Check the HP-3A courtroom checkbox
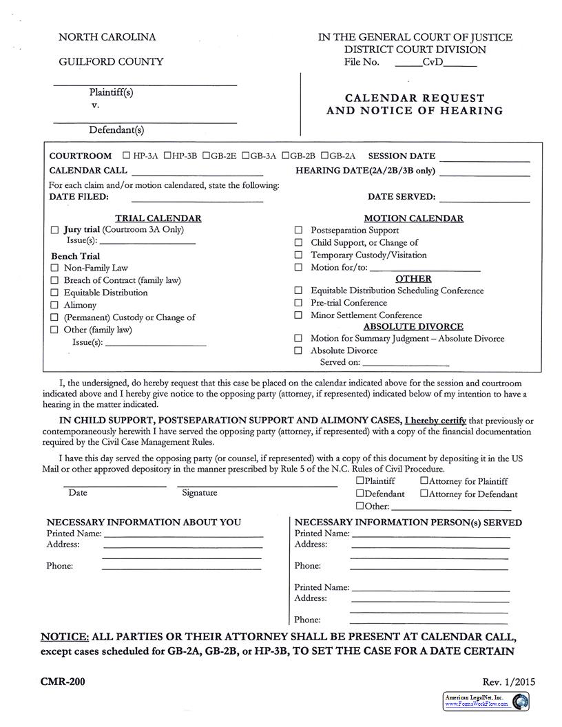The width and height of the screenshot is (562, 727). point(126,156)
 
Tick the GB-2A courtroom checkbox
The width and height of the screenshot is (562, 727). point(324,156)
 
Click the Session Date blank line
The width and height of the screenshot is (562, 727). point(484,160)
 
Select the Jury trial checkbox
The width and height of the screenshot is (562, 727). point(55,230)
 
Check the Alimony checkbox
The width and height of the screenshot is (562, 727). point(55,305)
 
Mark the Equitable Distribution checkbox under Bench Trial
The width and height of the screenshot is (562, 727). point(55,293)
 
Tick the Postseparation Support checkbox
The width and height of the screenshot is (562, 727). point(298,231)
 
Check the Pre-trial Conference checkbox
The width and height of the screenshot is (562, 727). point(298,303)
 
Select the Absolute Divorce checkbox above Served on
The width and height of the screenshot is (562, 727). point(298,350)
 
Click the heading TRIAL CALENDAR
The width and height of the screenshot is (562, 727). point(158,218)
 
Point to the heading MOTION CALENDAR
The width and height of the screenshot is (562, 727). point(413,218)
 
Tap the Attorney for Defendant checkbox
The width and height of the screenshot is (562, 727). point(424,494)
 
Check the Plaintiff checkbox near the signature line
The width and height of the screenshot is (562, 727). point(360,481)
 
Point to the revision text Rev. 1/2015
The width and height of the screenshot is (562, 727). point(508,682)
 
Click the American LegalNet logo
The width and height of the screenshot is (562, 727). point(486,701)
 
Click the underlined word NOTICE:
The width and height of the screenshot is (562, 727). point(65,636)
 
